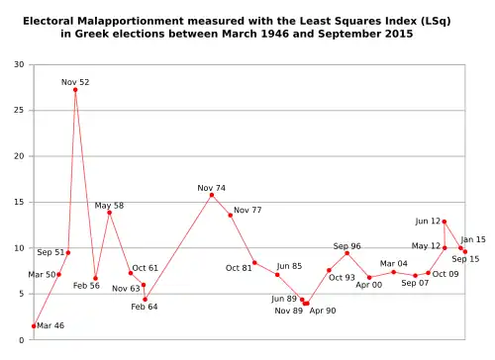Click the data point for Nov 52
pyautogui.click(x=75, y=90)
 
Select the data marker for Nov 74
pyautogui.click(x=211, y=195)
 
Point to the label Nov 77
pyautogui.click(x=247, y=210)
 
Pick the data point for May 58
pyautogui.click(x=109, y=213)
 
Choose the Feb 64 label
pyautogui.click(x=145, y=307)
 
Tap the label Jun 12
pyautogui.click(x=428, y=222)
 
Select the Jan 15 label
pyautogui.click(x=473, y=239)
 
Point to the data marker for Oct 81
pyautogui.click(x=254, y=262)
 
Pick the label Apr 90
pyautogui.click(x=323, y=311)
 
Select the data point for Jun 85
pyautogui.click(x=277, y=274)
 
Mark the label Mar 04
pyautogui.click(x=395, y=264)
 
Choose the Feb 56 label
pyautogui.click(x=87, y=286)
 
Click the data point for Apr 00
pyautogui.click(x=369, y=278)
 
